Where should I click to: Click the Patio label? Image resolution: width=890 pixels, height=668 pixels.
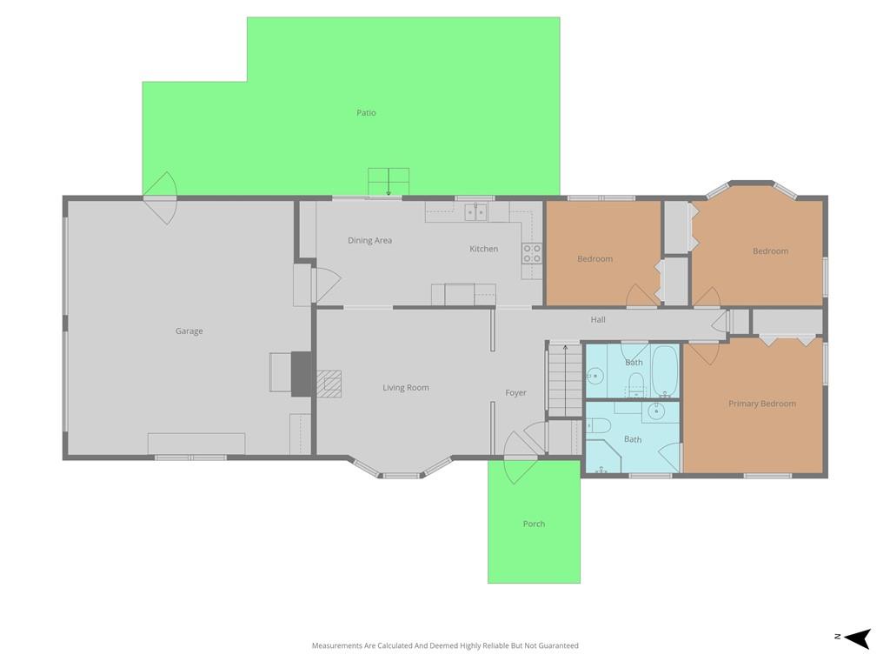[x=366, y=112]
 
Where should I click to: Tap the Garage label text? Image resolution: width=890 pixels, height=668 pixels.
[x=189, y=331]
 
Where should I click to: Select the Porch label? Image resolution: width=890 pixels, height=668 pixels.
[x=534, y=524]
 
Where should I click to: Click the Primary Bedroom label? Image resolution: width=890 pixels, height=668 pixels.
[x=761, y=404]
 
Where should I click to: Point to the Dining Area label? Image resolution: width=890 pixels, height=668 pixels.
[x=369, y=240]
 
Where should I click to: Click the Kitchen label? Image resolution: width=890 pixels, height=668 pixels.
[x=483, y=249]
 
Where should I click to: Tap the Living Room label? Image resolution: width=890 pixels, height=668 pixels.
[x=405, y=388]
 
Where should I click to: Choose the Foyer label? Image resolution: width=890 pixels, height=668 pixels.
[x=515, y=392]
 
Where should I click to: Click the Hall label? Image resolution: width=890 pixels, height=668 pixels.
[x=598, y=320]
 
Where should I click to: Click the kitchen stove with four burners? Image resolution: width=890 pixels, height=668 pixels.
[x=532, y=253]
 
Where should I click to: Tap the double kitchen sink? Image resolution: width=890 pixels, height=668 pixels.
[x=475, y=212]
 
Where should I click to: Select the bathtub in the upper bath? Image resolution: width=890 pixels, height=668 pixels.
[x=665, y=371]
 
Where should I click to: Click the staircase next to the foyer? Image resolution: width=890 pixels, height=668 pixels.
[x=565, y=381]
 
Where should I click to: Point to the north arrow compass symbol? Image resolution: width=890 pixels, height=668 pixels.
[x=858, y=638]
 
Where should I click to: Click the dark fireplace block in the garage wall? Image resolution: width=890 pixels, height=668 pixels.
[x=301, y=374]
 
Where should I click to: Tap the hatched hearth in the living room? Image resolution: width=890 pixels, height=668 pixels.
[x=329, y=384]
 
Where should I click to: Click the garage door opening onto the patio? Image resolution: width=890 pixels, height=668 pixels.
[x=160, y=198]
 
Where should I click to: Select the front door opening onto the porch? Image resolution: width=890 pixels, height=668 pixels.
[x=521, y=458]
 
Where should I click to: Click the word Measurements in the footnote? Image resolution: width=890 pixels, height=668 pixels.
[x=336, y=645]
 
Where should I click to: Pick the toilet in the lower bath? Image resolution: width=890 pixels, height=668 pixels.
[x=598, y=424]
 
